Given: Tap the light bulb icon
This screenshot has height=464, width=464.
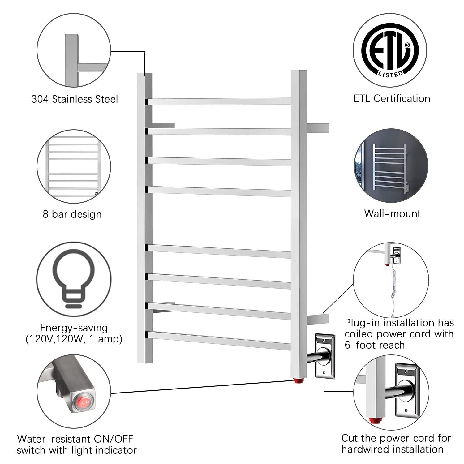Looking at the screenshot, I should tap(73, 278).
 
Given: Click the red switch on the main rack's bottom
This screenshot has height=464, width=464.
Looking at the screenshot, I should tap(299, 380).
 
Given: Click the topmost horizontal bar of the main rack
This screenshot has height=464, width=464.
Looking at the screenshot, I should tap(219, 101).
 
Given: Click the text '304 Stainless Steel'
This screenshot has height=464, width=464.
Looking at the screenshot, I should tap(75, 99).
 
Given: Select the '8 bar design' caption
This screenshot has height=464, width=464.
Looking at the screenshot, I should tap(72, 214).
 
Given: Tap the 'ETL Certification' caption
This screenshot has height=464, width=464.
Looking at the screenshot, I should tap(392, 98).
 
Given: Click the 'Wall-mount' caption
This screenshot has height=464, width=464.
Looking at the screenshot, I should tap(392, 213).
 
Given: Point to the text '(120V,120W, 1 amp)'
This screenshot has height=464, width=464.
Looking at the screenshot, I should tap(74, 339).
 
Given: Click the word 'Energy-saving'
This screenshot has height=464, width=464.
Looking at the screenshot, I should tap(74, 328).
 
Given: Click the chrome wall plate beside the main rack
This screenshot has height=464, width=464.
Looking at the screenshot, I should tap(325, 356).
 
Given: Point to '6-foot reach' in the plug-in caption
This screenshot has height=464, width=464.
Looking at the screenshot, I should tap(375, 345).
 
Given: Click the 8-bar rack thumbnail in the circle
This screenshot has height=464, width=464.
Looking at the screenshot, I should tap(73, 167).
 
